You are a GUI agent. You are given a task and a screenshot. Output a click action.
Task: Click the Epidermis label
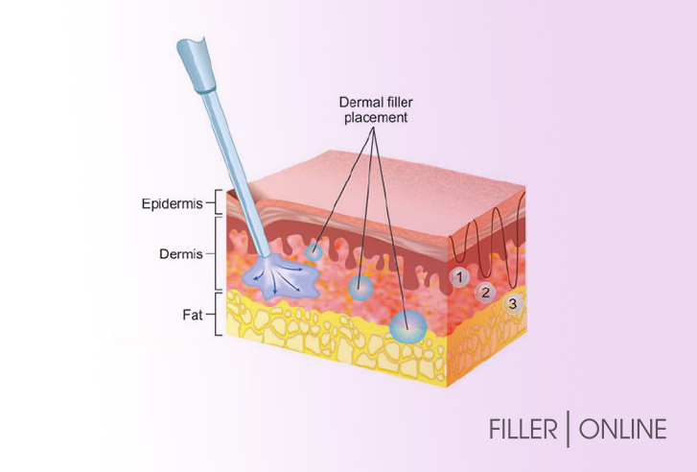(x=172, y=203)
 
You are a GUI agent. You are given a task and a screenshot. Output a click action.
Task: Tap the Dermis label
(x=181, y=254)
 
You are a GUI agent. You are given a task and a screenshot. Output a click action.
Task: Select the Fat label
(x=193, y=315)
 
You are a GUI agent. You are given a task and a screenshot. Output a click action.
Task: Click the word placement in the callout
(x=376, y=118)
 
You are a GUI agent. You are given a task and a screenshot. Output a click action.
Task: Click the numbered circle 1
(x=459, y=277)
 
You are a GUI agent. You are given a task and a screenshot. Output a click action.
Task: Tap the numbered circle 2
(x=485, y=293)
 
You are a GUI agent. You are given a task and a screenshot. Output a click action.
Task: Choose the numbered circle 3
(x=513, y=304)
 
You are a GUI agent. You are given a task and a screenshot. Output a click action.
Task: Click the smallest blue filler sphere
(x=314, y=252)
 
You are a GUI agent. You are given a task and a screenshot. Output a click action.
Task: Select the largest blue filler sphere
(x=408, y=327)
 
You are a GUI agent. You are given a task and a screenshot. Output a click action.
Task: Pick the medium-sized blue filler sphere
(x=360, y=288)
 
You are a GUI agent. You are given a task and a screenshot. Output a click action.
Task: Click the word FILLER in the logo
(x=523, y=429)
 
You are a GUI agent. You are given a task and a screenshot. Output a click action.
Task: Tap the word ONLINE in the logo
(x=623, y=429)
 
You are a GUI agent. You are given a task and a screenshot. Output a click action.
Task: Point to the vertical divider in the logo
(x=569, y=429)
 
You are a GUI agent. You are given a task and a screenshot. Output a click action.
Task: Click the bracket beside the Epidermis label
(x=219, y=202)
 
